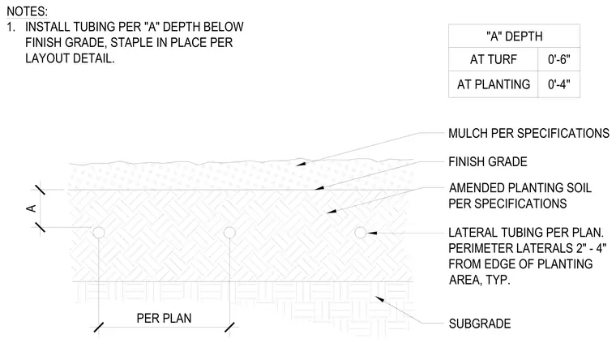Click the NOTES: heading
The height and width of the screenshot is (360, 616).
tap(27, 11)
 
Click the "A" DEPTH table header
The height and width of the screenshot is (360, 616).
tap(514, 36)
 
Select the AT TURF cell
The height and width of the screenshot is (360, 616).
tap(493, 59)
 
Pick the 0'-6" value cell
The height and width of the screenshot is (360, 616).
tap(558, 59)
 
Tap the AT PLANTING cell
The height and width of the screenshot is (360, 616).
tap(493, 84)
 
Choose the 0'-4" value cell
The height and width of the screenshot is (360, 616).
tap(558, 84)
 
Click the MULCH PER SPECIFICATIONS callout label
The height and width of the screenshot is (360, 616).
tap(528, 133)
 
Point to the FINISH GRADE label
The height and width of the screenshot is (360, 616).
tap(488, 161)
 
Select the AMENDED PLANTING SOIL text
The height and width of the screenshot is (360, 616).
tap(520, 188)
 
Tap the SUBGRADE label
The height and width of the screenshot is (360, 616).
tap(480, 324)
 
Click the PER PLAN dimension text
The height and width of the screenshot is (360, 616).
tap(164, 318)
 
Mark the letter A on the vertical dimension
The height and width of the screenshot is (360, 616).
tap(31, 208)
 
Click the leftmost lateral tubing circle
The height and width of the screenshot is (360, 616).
tap(99, 233)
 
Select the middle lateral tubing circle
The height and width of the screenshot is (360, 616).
tap(229, 233)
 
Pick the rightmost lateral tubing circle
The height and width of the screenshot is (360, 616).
tap(360, 233)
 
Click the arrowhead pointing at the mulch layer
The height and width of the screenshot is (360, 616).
tap(301, 163)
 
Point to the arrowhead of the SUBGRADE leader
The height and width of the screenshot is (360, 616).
tap(379, 299)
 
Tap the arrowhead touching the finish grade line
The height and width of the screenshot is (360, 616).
tap(319, 188)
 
